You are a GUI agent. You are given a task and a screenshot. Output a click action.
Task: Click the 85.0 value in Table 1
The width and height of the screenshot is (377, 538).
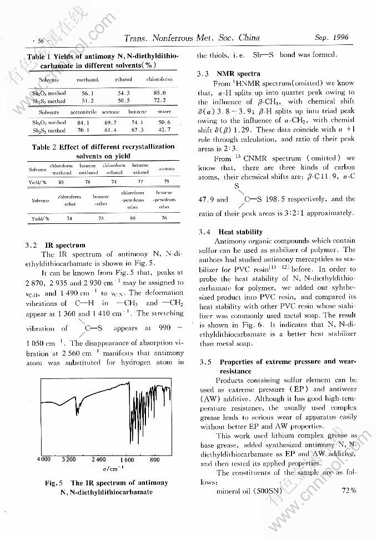pyautogui.click(x=159, y=93)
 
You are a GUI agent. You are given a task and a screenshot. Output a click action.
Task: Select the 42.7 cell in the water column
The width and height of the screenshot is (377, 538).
pyautogui.click(x=164, y=130)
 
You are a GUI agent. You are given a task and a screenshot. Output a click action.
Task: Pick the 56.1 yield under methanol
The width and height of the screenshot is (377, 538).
pyautogui.click(x=88, y=94)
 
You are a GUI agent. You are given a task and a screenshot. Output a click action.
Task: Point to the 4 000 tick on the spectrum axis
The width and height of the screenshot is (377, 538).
pyautogui.click(x=43, y=459)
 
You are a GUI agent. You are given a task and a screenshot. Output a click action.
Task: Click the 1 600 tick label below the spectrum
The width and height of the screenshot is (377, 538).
pyautogui.click(x=127, y=459)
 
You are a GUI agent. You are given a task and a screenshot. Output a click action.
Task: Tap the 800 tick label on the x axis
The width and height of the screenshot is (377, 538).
pyautogui.click(x=155, y=459)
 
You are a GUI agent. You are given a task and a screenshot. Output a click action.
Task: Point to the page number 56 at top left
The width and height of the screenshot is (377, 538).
pyautogui.click(x=41, y=40)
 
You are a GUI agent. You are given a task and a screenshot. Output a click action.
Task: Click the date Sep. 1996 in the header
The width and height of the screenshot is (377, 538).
pyautogui.click(x=331, y=38)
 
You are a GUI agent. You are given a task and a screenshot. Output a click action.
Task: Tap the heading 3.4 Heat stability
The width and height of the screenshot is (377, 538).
pyautogui.click(x=230, y=232)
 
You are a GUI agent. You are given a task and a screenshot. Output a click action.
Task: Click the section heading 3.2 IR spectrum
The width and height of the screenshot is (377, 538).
pyautogui.click(x=56, y=244)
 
